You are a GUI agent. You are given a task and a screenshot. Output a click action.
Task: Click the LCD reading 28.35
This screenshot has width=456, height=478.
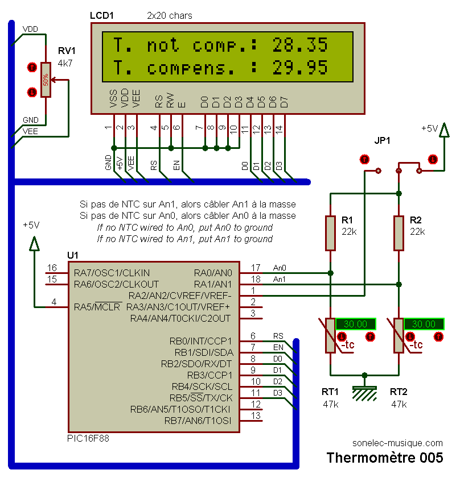(299, 44)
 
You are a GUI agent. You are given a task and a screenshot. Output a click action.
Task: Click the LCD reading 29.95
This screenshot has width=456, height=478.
(299, 68)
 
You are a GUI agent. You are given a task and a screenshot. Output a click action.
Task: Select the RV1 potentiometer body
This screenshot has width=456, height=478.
(46, 80)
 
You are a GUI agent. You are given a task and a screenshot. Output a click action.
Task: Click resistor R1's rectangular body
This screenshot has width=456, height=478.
(330, 233)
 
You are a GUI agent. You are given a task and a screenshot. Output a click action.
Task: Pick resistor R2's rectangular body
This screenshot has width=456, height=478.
(399, 233)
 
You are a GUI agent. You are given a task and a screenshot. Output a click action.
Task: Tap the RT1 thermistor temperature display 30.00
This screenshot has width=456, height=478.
(355, 324)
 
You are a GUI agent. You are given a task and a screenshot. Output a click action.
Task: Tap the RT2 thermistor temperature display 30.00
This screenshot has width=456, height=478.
(424, 324)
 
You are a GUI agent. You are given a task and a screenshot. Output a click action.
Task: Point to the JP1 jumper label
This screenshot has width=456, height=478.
(383, 140)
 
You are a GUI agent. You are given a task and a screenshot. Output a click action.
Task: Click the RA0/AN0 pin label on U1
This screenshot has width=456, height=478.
(213, 272)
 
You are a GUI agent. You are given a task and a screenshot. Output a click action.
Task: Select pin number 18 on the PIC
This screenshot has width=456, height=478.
(256, 279)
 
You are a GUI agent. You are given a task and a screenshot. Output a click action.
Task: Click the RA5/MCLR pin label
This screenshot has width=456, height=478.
(97, 307)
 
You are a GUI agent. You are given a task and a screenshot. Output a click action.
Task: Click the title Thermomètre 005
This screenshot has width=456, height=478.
(385, 458)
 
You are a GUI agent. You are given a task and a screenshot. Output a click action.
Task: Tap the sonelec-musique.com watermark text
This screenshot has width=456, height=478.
(397, 443)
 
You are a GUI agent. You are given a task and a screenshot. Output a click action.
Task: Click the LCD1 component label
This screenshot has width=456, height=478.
(102, 15)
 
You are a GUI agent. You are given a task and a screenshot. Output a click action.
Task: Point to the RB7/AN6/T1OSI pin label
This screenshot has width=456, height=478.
(198, 421)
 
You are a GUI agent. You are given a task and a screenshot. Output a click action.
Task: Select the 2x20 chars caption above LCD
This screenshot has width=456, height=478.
(170, 15)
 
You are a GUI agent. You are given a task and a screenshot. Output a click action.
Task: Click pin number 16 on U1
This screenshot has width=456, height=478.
(52, 268)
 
